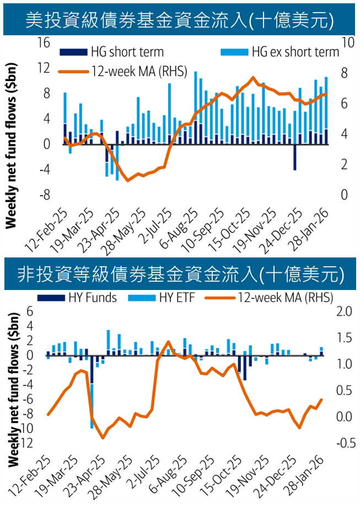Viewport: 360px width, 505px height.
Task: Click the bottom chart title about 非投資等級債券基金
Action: click(180, 273)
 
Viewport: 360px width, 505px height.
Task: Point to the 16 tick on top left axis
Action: click(44, 42)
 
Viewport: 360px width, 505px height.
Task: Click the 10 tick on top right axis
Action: click(348, 42)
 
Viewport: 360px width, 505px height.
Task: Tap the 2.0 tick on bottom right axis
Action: click(345, 311)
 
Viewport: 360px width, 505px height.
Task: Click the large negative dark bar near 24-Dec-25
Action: click(295, 157)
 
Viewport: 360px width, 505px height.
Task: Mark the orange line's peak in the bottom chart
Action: click(168, 342)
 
